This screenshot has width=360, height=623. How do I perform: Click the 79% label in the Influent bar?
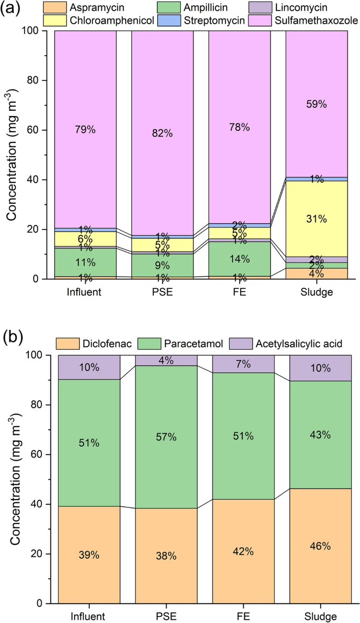pos(85,129)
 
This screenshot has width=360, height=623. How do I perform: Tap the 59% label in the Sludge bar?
pos(316,104)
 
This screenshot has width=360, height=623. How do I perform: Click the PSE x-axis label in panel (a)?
pos(162,293)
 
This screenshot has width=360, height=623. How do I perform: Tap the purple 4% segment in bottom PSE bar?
pos(162,360)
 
